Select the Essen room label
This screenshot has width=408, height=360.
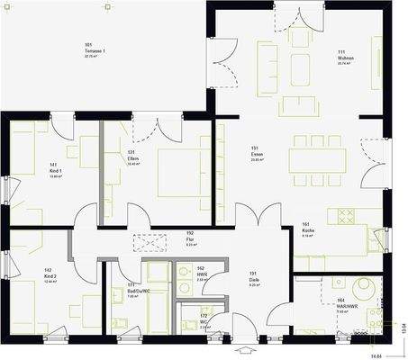click(256, 153)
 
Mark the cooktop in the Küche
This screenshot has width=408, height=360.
click(347, 216)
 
